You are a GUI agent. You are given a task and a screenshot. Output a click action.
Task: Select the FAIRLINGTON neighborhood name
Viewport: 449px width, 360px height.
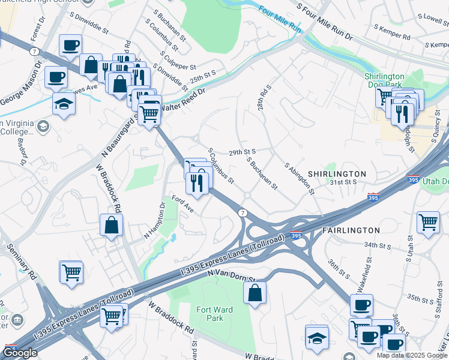tap(351, 230)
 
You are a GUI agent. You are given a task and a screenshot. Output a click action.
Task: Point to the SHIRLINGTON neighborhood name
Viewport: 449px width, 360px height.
tap(337, 174)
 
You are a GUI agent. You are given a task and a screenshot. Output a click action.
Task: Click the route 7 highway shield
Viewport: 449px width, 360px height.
tap(243, 213)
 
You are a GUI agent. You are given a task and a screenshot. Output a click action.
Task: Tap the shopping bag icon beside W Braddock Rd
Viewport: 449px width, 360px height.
tap(112, 226)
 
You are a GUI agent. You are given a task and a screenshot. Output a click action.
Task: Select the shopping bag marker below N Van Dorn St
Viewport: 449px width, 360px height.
tap(255, 293)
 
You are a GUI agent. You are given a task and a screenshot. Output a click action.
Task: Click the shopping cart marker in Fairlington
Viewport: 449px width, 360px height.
tap(428, 222)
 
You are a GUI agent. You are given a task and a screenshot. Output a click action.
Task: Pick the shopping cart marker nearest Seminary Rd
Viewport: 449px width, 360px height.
tap(71, 272)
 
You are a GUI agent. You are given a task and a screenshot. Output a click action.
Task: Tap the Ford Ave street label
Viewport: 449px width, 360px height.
tap(182, 204)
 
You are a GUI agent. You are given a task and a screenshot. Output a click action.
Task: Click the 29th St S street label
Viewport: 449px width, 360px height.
tap(243, 152)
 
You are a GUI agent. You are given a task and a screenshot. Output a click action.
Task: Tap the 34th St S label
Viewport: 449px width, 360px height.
tap(378, 245)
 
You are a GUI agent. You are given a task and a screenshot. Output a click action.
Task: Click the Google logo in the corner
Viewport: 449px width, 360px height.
tap(20, 353)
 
